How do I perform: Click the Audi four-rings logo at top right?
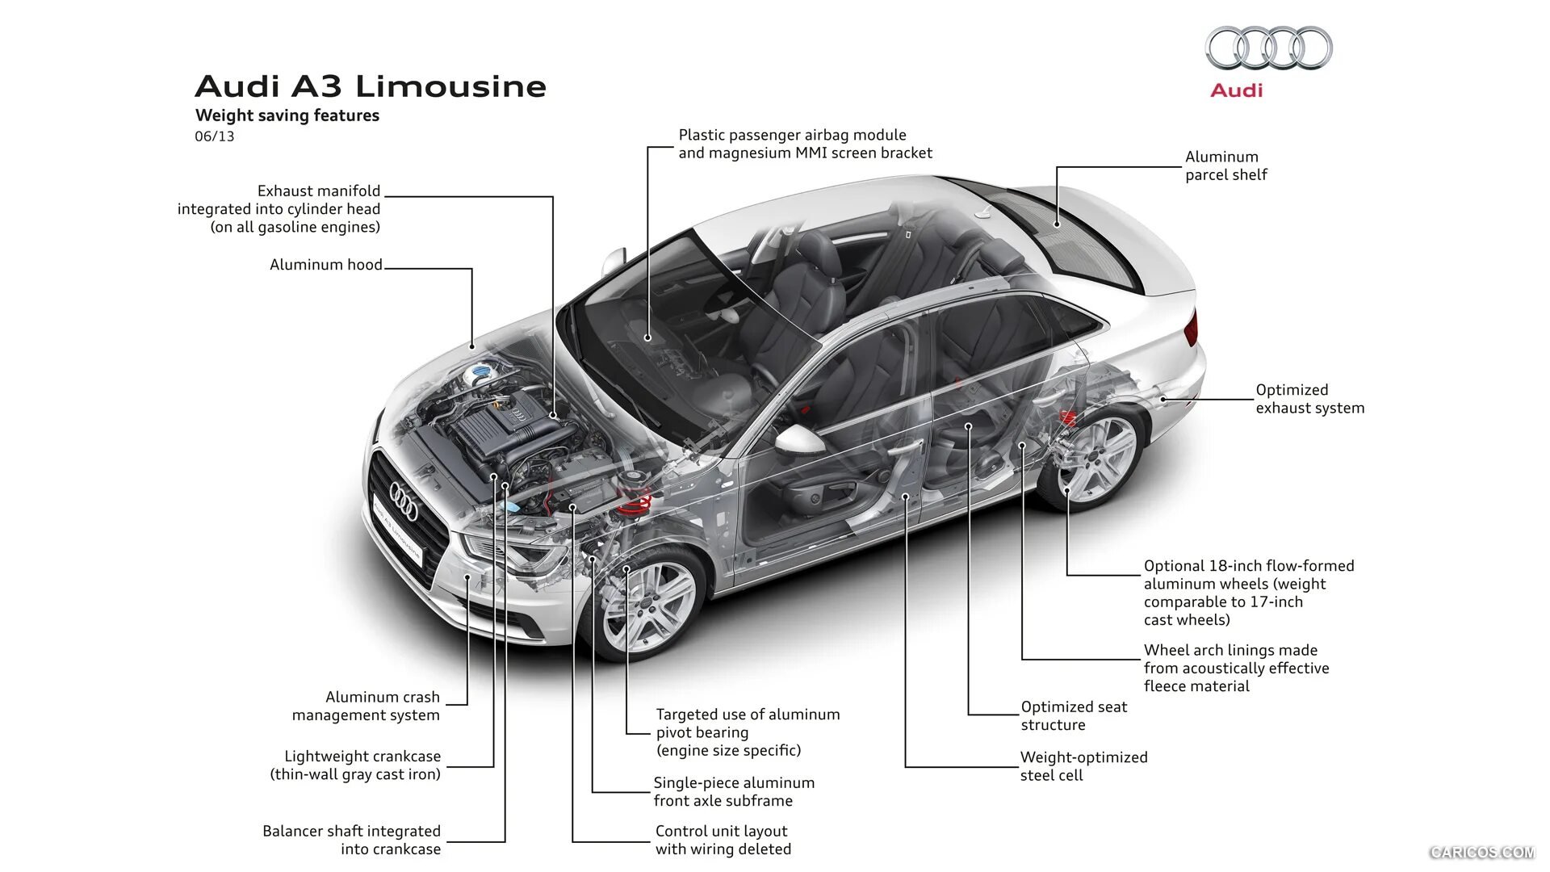pyautogui.click(x=1268, y=48)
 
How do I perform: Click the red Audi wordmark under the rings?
pyautogui.click(x=1236, y=90)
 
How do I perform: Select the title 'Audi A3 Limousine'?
pyautogui.click(x=371, y=86)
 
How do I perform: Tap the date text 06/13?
pyautogui.click(x=215, y=136)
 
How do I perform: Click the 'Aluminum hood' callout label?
pyautogui.click(x=326, y=265)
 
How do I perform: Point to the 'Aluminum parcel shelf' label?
pyautogui.click(x=1226, y=166)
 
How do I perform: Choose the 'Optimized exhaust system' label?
pyautogui.click(x=1310, y=399)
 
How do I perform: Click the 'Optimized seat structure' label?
pyautogui.click(x=1074, y=715)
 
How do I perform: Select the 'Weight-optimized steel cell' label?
pyautogui.click(x=1083, y=766)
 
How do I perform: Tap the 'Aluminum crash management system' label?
pyautogui.click(x=367, y=706)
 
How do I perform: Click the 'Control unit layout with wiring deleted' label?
pyautogui.click(x=723, y=840)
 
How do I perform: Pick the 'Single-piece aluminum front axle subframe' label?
pyautogui.click(x=734, y=791)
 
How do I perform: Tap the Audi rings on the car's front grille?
pyautogui.click(x=404, y=501)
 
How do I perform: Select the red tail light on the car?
pyautogui.click(x=1191, y=328)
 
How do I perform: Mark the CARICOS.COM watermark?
pyautogui.click(x=1481, y=852)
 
